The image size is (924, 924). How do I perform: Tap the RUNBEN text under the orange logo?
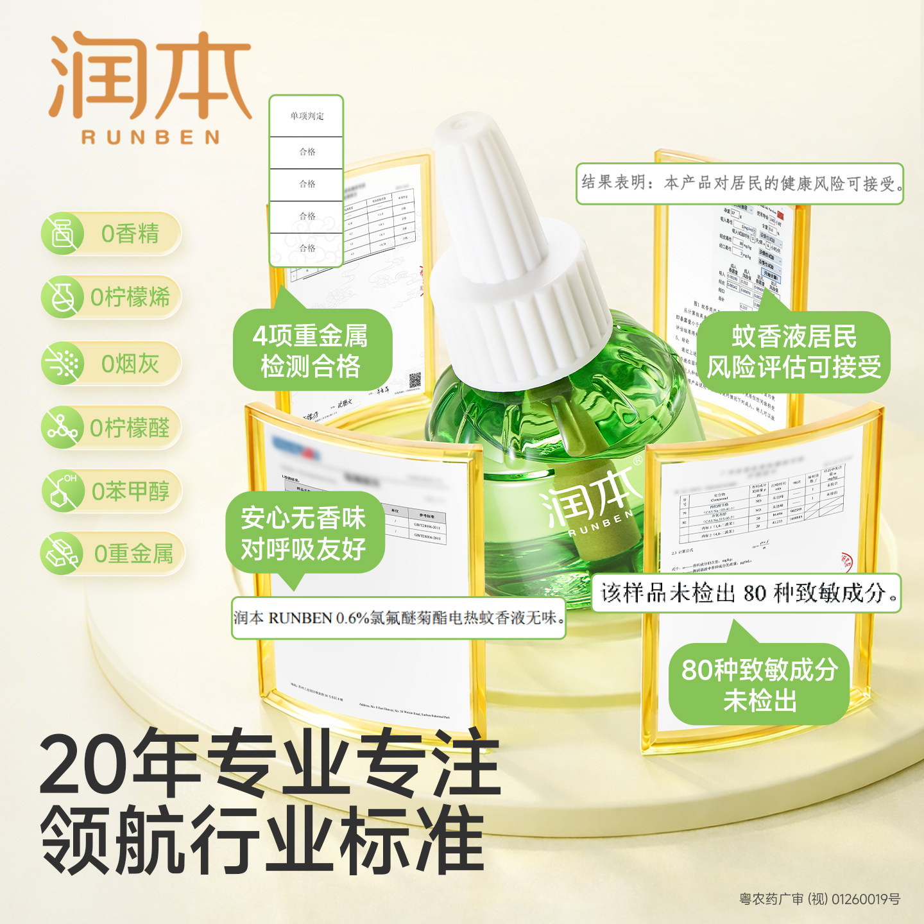[150, 137]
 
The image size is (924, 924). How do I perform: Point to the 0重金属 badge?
[113, 554]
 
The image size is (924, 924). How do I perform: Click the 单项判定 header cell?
[307, 116]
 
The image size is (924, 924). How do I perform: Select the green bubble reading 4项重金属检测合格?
[311, 350]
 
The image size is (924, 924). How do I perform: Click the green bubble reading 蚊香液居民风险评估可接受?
[794, 352]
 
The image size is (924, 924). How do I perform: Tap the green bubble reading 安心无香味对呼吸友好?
[304, 533]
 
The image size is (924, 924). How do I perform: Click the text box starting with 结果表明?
[740, 184]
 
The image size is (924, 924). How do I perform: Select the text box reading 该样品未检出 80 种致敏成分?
[746, 593]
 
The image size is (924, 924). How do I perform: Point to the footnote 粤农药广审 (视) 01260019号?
[819, 899]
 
